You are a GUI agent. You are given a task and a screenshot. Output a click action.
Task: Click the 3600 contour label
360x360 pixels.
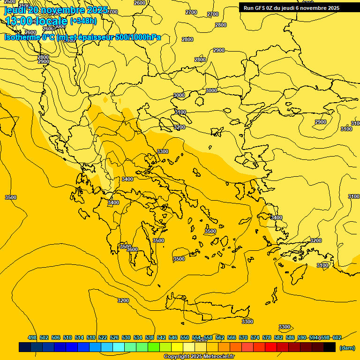(x=133, y=249)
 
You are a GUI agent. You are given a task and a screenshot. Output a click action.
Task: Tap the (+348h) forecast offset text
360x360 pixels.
(x=83, y=21)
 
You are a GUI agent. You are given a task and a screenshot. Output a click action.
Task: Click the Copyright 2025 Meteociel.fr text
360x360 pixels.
(x=199, y=357)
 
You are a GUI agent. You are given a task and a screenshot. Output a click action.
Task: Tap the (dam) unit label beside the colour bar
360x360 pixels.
(x=347, y=347)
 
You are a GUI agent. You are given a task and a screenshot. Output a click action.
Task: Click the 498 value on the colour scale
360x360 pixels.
(x=32, y=337)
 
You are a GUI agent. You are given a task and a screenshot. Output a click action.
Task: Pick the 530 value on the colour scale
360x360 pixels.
(x=126, y=337)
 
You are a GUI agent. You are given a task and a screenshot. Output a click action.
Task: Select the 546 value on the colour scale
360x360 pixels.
(x=173, y=337)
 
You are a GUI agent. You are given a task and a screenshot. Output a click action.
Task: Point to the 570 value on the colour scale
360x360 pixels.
(x=243, y=337)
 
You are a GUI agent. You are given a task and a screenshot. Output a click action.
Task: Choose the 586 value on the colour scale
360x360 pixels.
(x=290, y=337)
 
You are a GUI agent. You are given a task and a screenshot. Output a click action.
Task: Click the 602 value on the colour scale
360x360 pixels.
(x=337, y=337)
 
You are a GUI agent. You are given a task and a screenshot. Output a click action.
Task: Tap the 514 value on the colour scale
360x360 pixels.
(x=79, y=337)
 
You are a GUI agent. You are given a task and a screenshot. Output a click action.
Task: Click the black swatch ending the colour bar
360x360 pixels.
(x=330, y=347)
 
